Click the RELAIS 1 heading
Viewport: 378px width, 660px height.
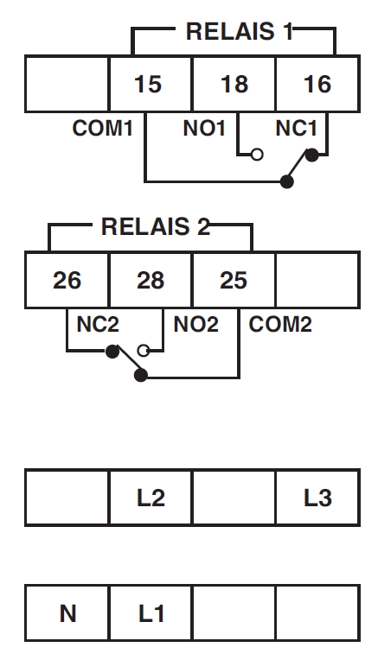tap(240, 32)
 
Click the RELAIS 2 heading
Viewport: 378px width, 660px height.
tap(155, 227)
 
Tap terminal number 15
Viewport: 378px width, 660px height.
tap(148, 84)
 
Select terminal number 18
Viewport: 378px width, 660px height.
tap(234, 84)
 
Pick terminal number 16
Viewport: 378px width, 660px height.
tap(317, 84)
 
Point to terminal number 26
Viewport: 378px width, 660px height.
tap(67, 281)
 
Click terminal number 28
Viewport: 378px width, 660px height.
tap(151, 281)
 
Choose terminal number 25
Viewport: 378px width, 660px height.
tap(234, 281)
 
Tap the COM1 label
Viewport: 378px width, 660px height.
tap(102, 128)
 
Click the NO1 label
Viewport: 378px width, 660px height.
tap(204, 128)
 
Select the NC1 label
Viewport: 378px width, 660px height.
tap(296, 128)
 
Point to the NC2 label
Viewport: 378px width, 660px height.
tap(98, 324)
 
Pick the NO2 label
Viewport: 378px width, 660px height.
tap(196, 324)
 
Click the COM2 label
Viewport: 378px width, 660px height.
tap(280, 324)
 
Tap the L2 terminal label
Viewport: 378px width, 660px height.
tap(151, 498)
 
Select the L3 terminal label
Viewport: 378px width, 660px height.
tap(317, 498)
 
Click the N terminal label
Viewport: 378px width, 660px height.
tap(67, 613)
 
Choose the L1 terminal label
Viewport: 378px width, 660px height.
tap(151, 613)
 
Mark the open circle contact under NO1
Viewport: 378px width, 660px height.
tap(257, 155)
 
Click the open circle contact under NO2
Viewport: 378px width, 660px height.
tap(144, 351)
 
